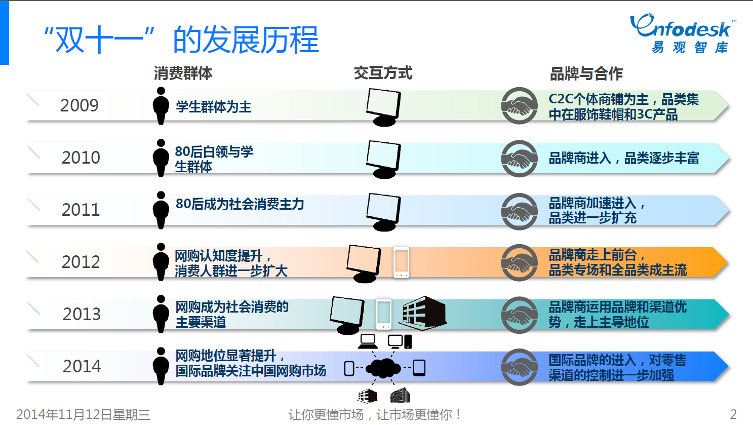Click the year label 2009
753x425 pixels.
pyautogui.click(x=79, y=105)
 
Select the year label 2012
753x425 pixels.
pyautogui.click(x=81, y=262)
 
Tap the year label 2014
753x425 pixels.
pyautogui.click(x=82, y=366)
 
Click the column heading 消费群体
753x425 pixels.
pyautogui.click(x=183, y=73)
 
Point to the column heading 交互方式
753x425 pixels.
pyautogui.click(x=383, y=73)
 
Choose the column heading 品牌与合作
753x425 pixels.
pyautogui.click(x=586, y=74)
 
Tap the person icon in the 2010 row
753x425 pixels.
pyautogui.click(x=161, y=158)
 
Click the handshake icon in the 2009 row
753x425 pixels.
pyautogui.click(x=519, y=106)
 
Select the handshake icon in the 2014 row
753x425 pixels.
pyautogui.click(x=519, y=367)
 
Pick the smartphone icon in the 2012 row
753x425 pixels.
pyautogui.click(x=401, y=262)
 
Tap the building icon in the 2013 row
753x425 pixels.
pyautogui.click(x=424, y=313)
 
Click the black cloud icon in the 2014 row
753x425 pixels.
pyautogui.click(x=383, y=368)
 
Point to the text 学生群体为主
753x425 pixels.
pyautogui.click(x=213, y=107)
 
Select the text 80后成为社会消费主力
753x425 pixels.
pyautogui.click(x=240, y=204)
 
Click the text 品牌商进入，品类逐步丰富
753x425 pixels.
pyautogui.click(x=624, y=159)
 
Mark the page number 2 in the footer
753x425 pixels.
pyautogui.click(x=733, y=414)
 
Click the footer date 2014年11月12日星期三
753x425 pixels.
pyautogui.click(x=83, y=415)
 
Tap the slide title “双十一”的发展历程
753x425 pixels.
pyautogui.click(x=181, y=40)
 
